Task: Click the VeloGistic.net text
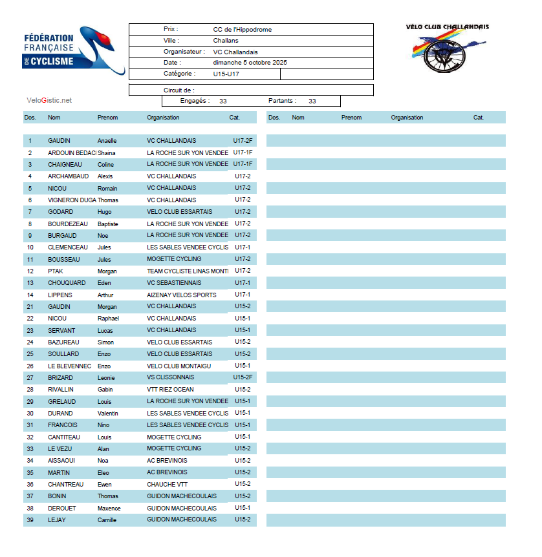click(49, 100)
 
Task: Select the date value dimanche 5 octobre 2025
click(250, 63)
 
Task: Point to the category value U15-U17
click(226, 74)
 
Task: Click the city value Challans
click(226, 41)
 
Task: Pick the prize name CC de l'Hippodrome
click(242, 30)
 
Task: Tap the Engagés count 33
click(222, 101)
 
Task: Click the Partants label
click(282, 101)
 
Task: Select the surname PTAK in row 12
click(55, 271)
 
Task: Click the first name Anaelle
click(107, 141)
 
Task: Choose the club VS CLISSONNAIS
click(170, 377)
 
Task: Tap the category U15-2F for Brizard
click(243, 377)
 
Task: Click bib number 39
click(30, 520)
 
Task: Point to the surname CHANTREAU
click(65, 484)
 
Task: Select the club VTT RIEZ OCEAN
click(170, 389)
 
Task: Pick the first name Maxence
click(109, 508)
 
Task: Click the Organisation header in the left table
click(163, 118)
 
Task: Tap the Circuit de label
click(179, 90)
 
